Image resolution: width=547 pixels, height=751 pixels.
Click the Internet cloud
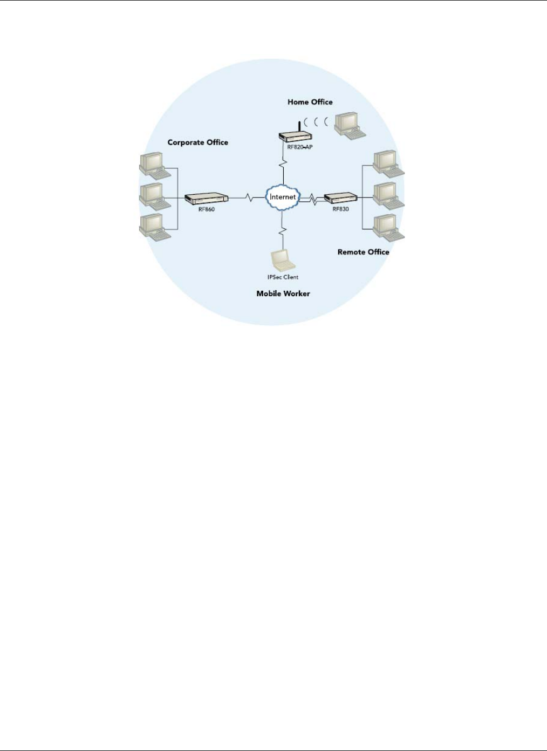[282, 197]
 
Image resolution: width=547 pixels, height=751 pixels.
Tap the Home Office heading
[310, 102]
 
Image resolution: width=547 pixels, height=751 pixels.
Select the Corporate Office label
[197, 142]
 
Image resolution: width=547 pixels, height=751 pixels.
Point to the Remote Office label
[363, 252]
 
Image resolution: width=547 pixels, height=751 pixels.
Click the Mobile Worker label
[283, 293]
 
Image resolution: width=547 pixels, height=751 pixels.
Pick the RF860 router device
[207, 199]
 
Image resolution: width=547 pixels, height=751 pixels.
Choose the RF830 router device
[340, 198]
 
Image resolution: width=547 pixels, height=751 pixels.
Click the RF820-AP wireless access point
[296, 137]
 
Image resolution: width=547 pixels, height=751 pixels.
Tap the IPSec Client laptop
[283, 261]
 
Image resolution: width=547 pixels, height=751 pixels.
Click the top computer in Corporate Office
[154, 165]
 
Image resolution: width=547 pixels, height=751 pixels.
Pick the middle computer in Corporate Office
[154, 196]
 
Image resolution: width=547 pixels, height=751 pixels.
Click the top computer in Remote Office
[388, 163]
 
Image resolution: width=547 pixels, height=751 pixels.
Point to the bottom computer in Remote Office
[388, 227]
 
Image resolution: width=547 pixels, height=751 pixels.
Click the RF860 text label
[206, 209]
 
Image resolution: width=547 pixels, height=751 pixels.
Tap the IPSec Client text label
[283, 277]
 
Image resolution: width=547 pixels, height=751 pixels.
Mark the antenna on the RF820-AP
[299, 127]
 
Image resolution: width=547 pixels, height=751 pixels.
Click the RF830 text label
[340, 209]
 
